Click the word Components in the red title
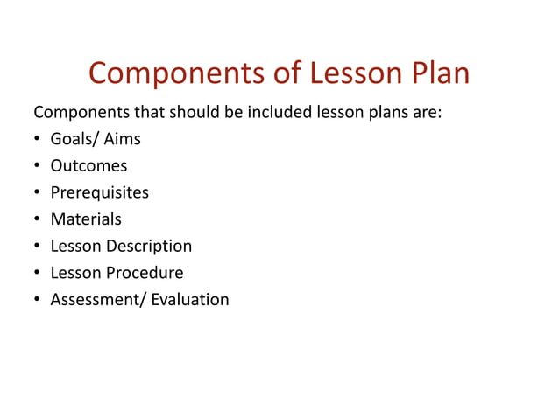[178, 73]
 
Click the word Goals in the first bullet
[74, 139]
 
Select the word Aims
[123, 139]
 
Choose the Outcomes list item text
[88, 166]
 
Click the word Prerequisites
[99, 192]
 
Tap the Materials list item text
[86, 219]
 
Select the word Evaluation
[190, 300]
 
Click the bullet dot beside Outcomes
[38, 166]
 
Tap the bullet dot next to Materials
[38, 219]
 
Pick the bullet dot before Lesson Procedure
[38, 273]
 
